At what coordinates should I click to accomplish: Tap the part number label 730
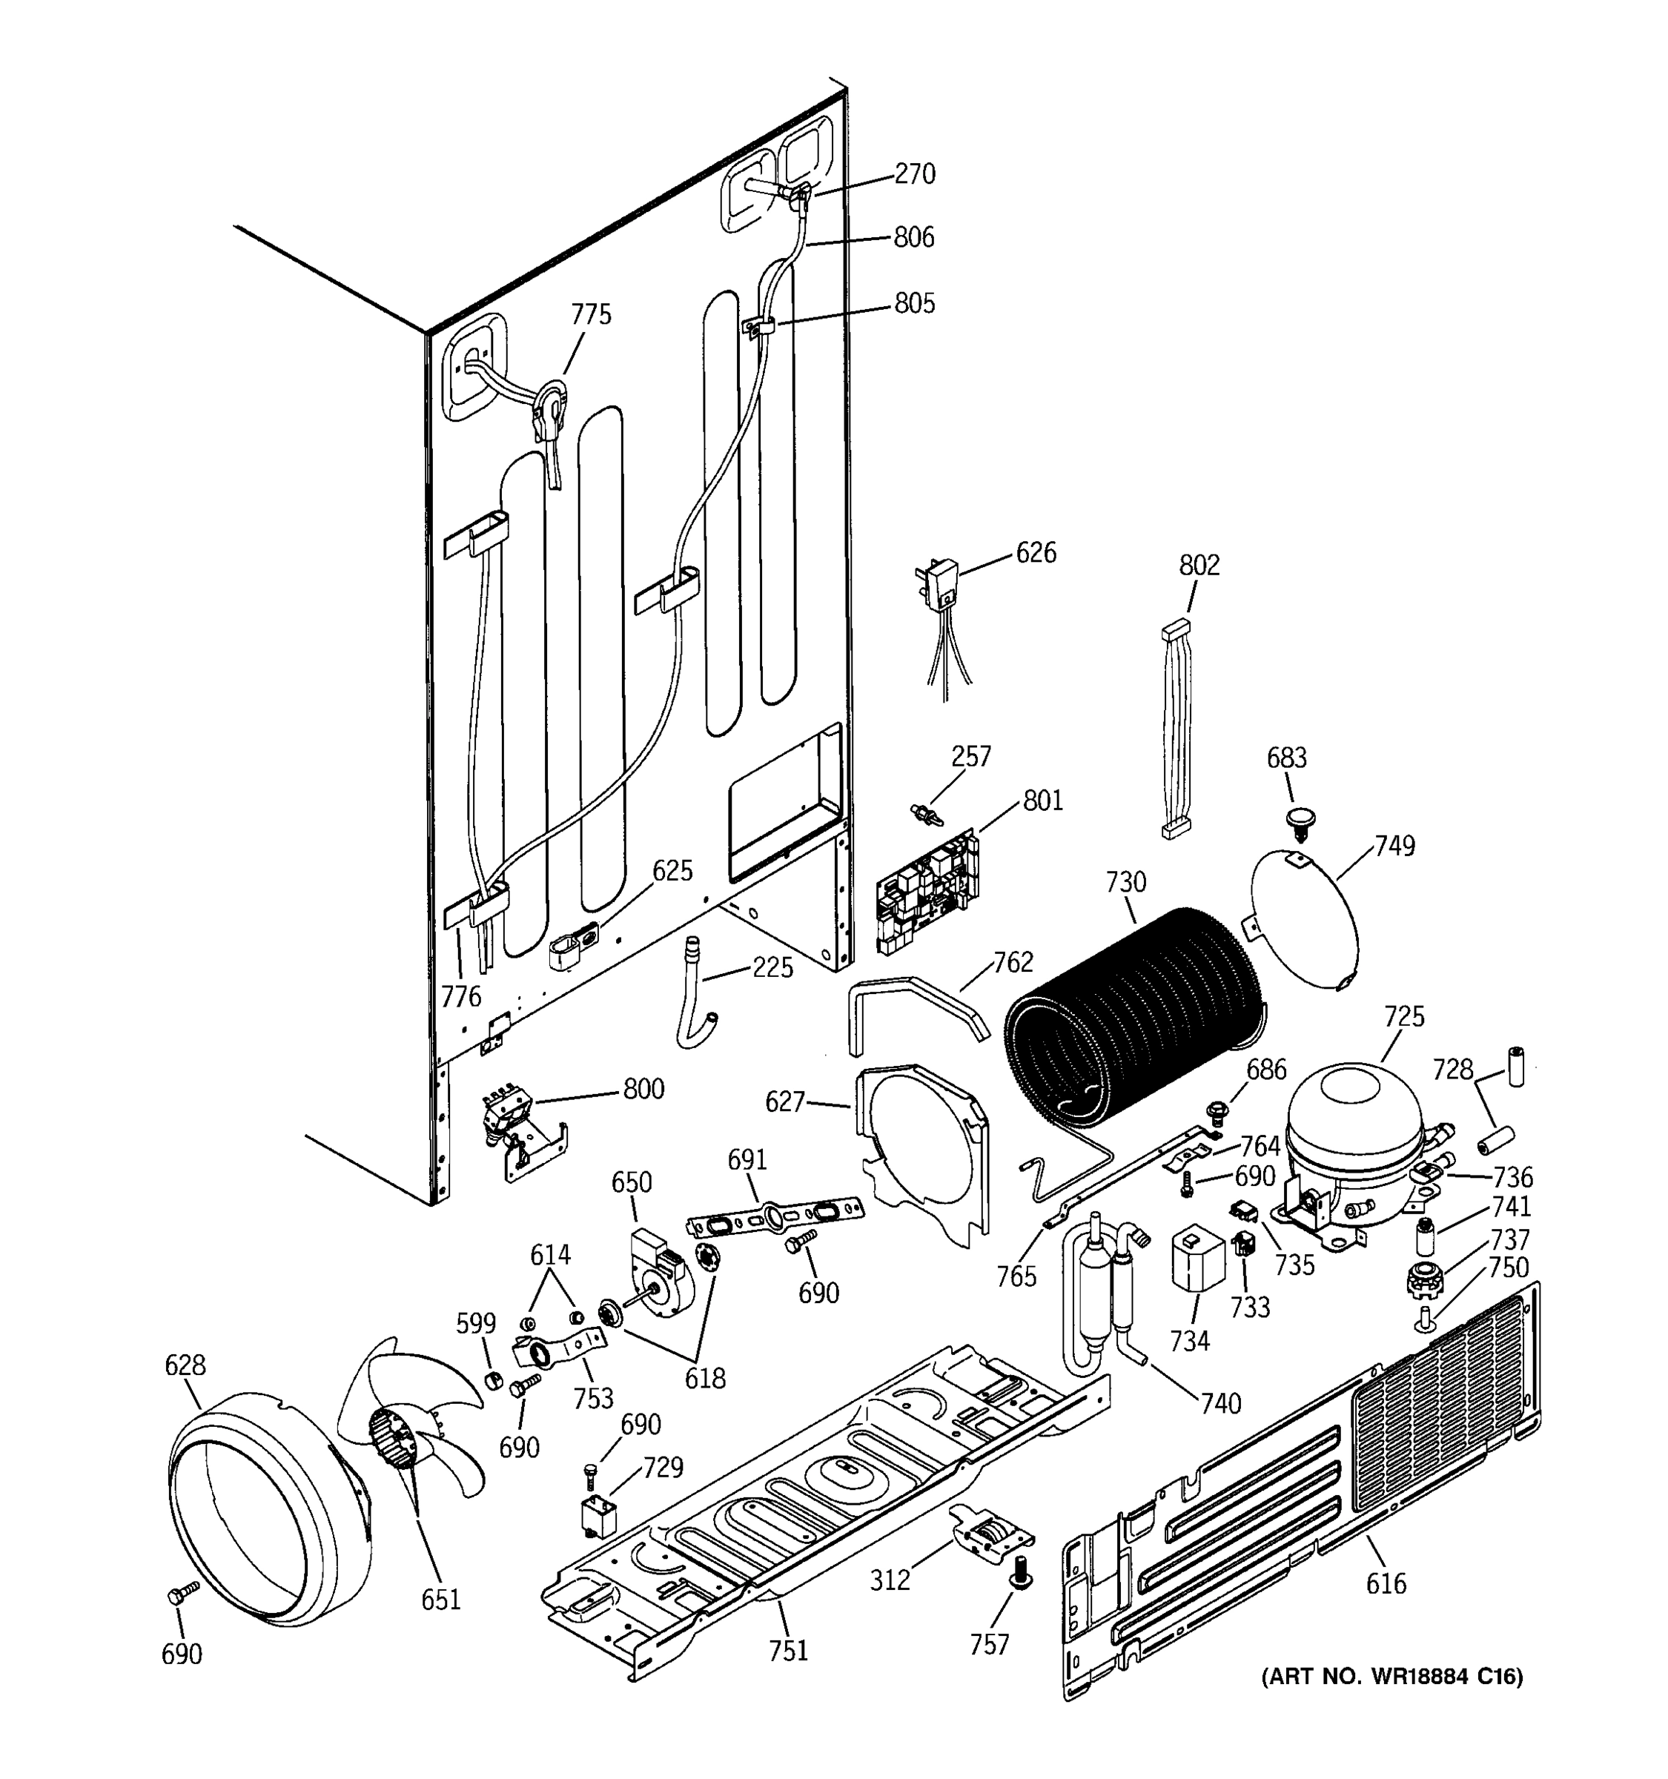[x=1125, y=882]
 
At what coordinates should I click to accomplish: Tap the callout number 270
[x=915, y=173]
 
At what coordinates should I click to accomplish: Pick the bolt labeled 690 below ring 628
[x=182, y=1594]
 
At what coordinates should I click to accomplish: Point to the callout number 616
[x=1386, y=1584]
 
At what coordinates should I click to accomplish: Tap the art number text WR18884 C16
[x=1391, y=1676]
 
